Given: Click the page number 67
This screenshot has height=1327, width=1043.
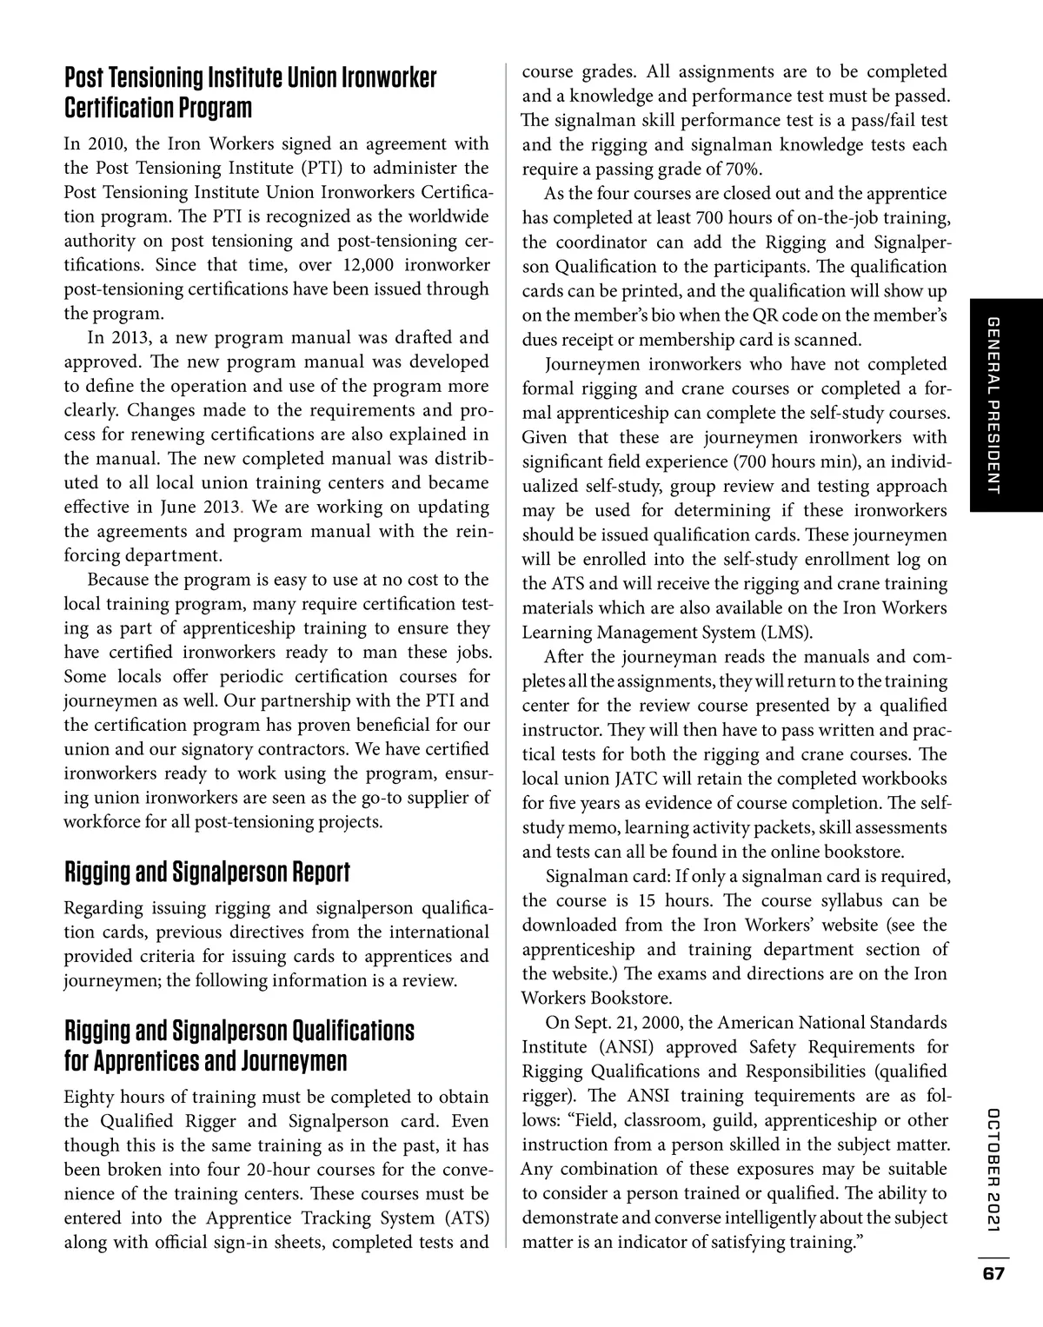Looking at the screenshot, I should click(x=993, y=1274).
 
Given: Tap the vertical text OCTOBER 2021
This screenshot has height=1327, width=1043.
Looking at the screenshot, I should click(x=994, y=1170).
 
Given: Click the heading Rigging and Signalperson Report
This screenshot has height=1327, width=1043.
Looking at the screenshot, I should click(x=207, y=872).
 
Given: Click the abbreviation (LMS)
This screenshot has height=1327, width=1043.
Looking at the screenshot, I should click(x=784, y=632).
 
